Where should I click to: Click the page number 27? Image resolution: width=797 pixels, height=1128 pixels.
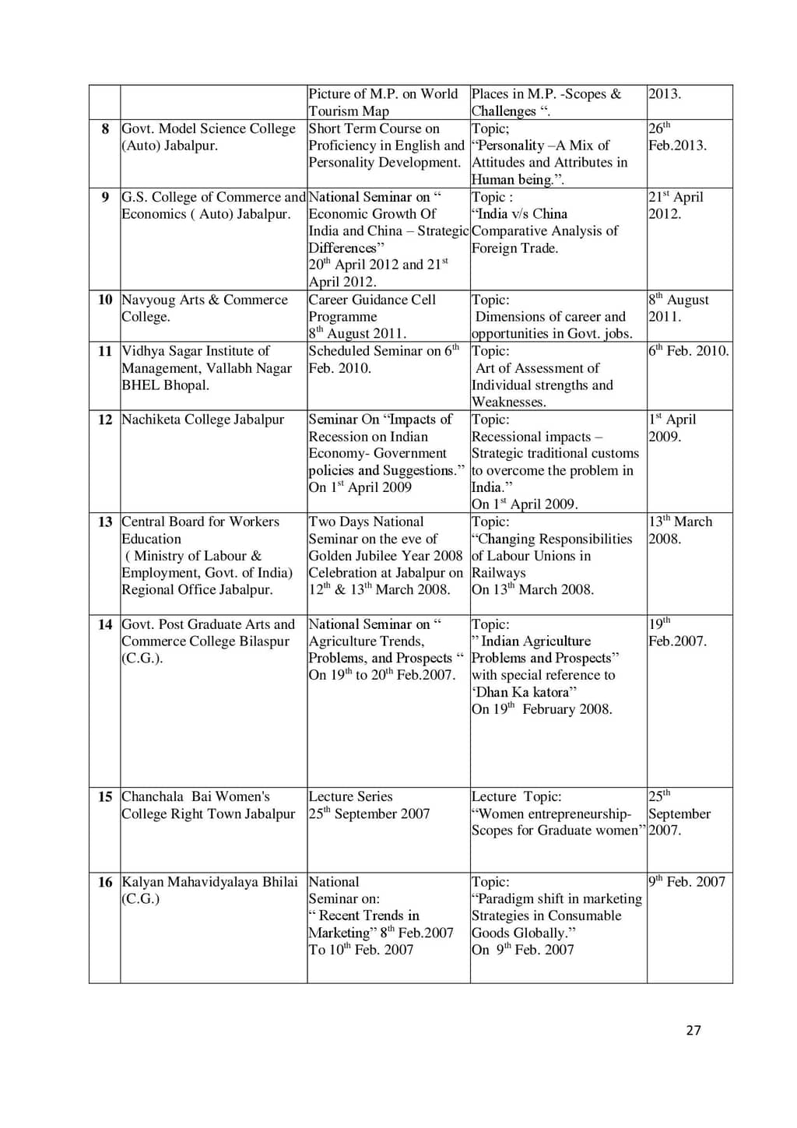click(x=693, y=1030)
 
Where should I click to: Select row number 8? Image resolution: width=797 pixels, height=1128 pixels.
click(x=105, y=128)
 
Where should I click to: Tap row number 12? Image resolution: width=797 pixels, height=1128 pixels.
click(x=105, y=420)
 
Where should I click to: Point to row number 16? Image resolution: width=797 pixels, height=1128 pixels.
click(x=105, y=882)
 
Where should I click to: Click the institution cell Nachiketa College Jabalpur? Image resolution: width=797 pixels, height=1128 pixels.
click(x=203, y=420)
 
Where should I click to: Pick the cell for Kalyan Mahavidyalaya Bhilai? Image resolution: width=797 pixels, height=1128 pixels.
click(x=209, y=890)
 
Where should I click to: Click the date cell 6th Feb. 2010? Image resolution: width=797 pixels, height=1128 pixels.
click(x=688, y=351)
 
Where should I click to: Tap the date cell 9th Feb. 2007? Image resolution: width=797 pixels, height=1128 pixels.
click(x=686, y=882)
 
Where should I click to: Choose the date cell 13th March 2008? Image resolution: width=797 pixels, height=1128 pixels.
click(x=680, y=530)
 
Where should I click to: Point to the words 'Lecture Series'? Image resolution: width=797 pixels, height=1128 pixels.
click(x=350, y=796)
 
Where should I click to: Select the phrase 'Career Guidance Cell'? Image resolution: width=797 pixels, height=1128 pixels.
click(x=372, y=300)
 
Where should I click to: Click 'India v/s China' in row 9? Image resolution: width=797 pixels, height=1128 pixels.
click(x=521, y=214)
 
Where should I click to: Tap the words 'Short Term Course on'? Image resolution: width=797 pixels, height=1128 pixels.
click(x=374, y=128)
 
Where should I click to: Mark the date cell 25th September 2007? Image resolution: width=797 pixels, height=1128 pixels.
click(x=679, y=813)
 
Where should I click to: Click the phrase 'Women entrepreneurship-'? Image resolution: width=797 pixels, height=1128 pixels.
click(x=553, y=813)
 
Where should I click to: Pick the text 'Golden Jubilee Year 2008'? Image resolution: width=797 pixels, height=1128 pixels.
click(x=385, y=556)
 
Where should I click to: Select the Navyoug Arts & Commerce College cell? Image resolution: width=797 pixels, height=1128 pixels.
click(x=205, y=308)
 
